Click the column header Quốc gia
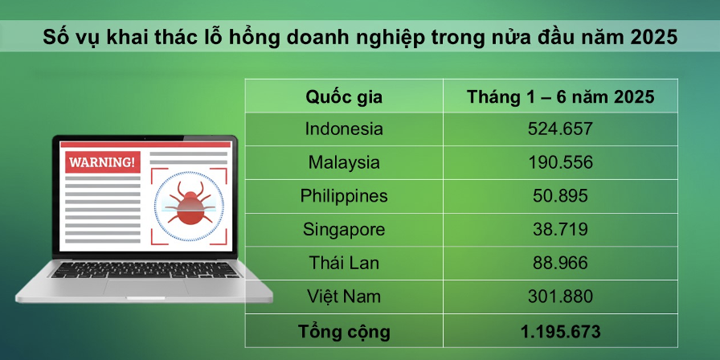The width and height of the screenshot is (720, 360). pos(344,97)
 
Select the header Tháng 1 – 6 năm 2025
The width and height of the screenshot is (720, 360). pos(560,97)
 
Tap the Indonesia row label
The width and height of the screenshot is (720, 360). pos(344,129)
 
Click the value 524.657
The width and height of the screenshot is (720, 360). pos(560,129)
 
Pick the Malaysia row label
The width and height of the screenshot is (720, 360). pos(344,162)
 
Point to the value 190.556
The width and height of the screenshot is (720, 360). pos(560,162)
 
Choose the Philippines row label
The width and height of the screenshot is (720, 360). pos(344,196)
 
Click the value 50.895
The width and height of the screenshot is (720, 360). pos(560,196)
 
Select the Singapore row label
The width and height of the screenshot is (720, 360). pos(344,230)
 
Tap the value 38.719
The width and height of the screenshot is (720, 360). pos(560,230)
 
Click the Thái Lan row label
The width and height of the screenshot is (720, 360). pos(344,263)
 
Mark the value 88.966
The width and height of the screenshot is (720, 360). pos(560,263)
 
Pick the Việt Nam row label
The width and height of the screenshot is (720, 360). pos(344,297)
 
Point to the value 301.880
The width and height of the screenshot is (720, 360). pos(560,297)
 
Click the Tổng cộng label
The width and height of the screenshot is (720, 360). pos(344,330)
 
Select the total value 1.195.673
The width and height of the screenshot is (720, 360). pos(560,330)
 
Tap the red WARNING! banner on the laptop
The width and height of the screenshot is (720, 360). pos(102,162)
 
